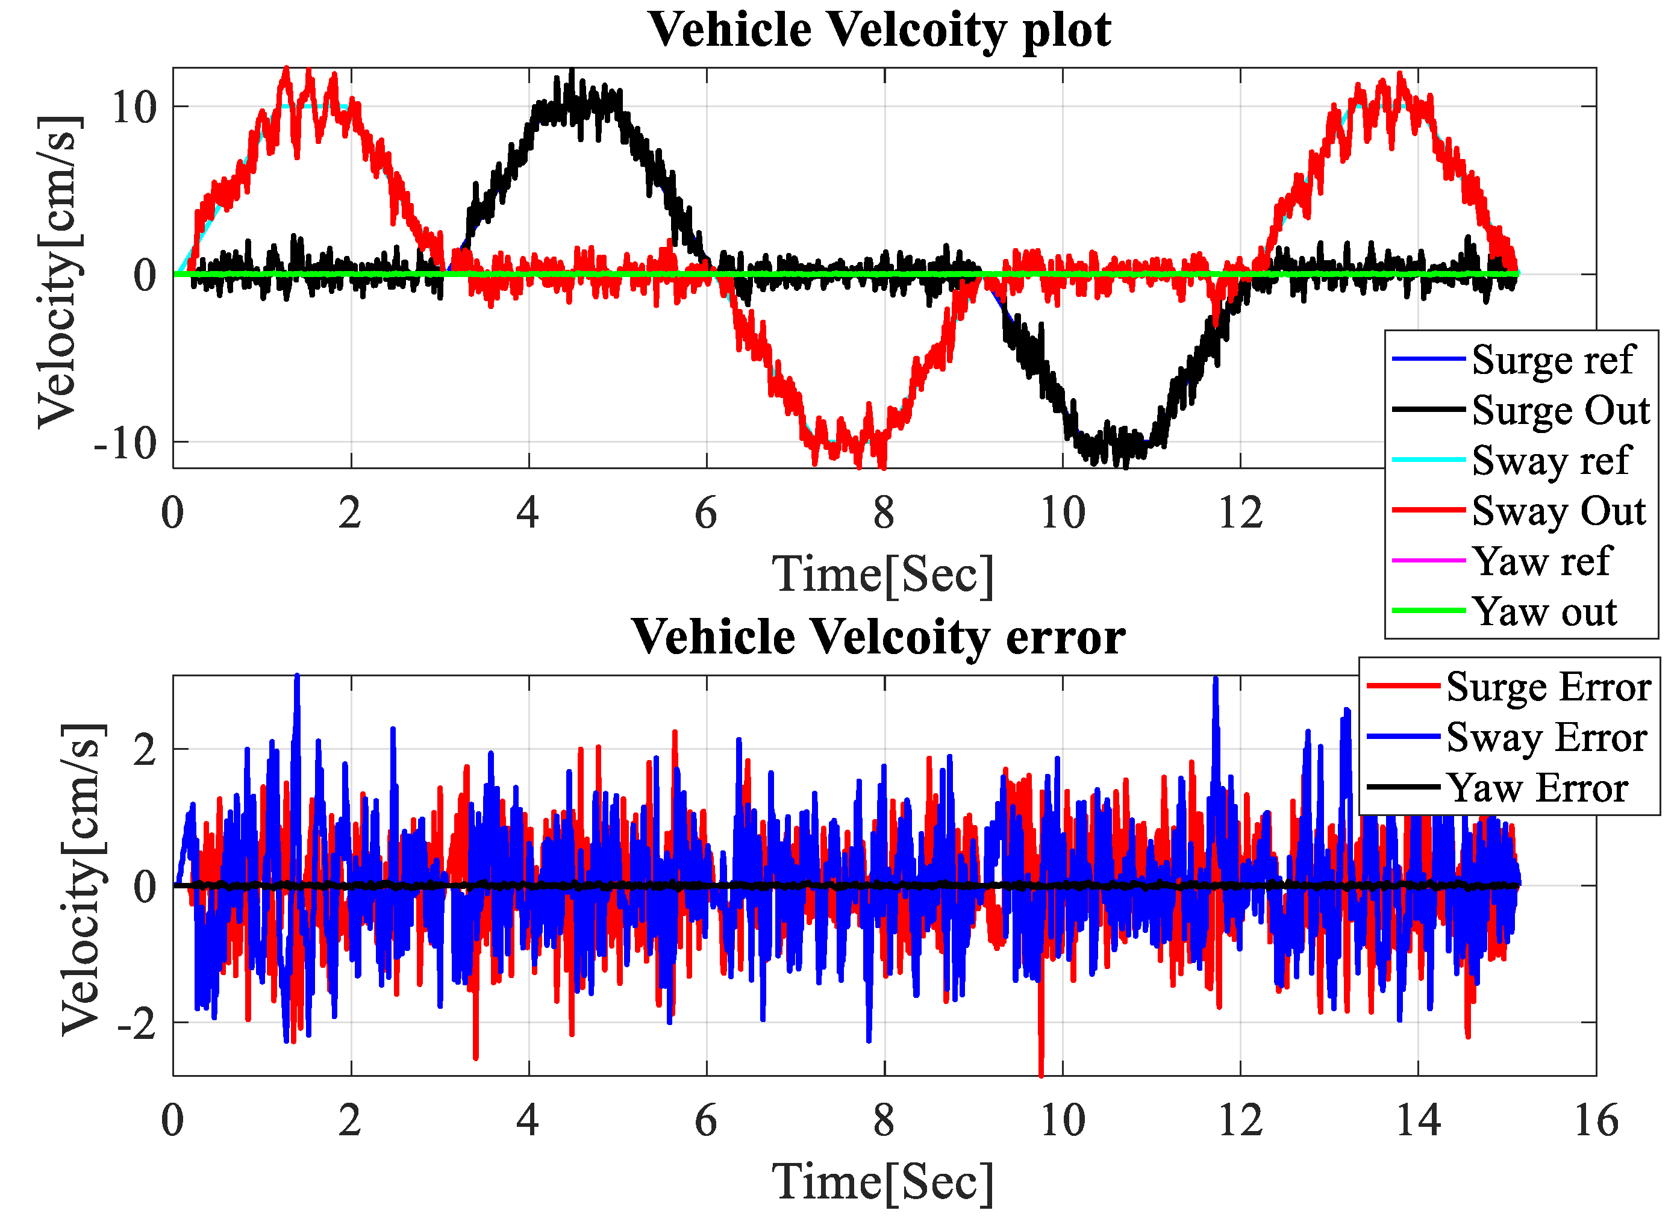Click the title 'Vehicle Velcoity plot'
879,31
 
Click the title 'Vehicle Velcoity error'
878,638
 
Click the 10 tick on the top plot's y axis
134,108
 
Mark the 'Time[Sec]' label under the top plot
882,575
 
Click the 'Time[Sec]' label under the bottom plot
882,1183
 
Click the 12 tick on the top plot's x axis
1240,514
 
